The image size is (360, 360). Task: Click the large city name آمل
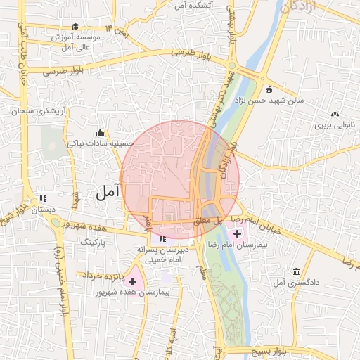(x=108, y=190)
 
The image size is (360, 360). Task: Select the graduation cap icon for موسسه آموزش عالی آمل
(x=76, y=27)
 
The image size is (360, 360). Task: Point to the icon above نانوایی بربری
(x=335, y=113)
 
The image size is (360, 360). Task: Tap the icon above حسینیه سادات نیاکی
(x=101, y=132)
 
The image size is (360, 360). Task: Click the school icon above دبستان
(x=43, y=198)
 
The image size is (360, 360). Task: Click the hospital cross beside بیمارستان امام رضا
(x=238, y=233)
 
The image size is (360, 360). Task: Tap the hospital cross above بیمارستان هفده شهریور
(x=132, y=281)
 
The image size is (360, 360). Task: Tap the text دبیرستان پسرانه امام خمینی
(x=163, y=255)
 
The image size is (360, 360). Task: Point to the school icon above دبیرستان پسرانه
(x=153, y=238)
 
